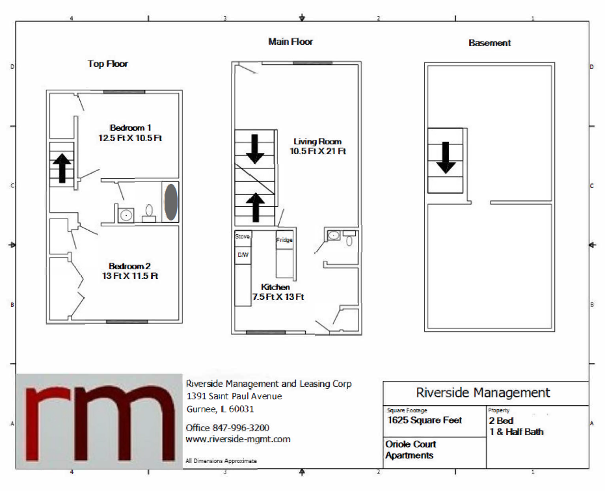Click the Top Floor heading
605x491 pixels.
(108, 64)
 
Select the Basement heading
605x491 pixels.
(489, 43)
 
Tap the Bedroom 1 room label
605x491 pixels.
(131, 127)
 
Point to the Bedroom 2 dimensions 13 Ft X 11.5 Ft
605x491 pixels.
(130, 276)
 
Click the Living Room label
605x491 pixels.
(317, 141)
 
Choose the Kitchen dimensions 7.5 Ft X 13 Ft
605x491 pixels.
(278, 297)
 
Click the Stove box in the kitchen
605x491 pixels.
(242, 237)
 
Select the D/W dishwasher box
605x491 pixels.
(242, 254)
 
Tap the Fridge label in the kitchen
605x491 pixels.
(284, 240)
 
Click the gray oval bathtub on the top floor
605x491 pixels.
(170, 202)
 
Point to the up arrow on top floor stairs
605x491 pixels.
(62, 168)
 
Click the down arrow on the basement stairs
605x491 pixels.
(446, 157)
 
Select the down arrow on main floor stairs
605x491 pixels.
(255, 148)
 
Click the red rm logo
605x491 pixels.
(99, 421)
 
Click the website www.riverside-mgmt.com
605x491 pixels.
(238, 439)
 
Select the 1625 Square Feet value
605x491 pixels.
(425, 420)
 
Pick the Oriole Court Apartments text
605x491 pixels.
(410, 450)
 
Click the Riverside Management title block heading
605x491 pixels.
(483, 393)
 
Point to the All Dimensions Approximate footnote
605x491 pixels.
(221, 460)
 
